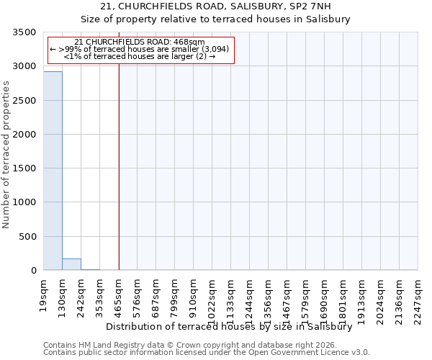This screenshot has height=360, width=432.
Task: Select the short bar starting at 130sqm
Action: (x=71, y=264)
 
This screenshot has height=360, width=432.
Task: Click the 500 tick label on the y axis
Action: (x=27, y=237)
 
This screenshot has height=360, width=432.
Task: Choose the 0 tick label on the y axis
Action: (x=33, y=271)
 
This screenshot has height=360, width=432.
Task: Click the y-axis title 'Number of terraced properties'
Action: (x=6, y=154)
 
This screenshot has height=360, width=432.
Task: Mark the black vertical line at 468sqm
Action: (x=119, y=166)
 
